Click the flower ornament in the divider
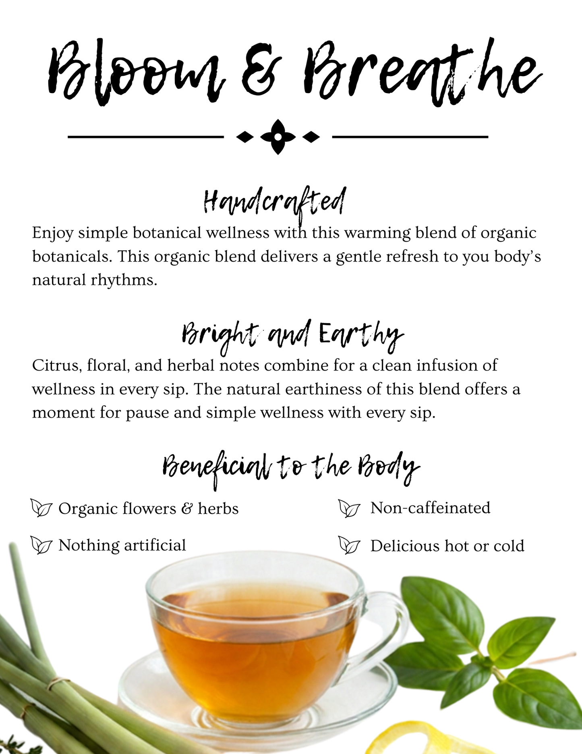278,137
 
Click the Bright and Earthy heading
292,334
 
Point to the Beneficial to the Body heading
291,469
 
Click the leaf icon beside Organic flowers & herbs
41,508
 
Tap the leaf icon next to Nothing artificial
41,546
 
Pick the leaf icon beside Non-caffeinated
349,508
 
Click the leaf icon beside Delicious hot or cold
349,546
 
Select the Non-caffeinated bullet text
431,508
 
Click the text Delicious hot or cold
447,546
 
